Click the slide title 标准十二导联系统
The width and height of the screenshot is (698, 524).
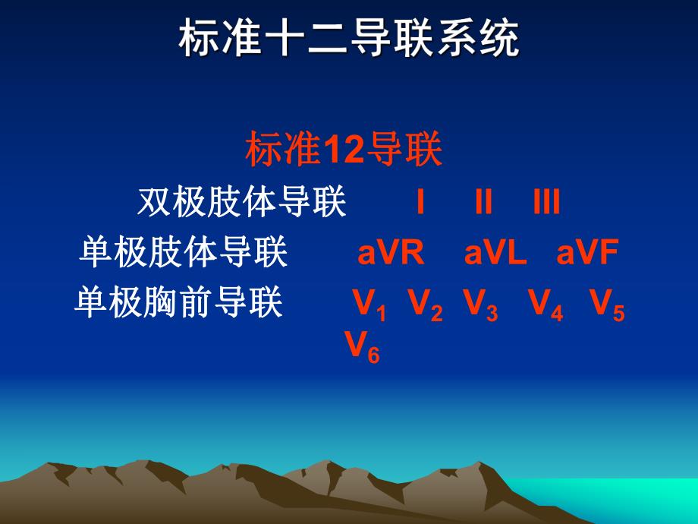click(x=349, y=39)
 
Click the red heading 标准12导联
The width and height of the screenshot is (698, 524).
click(x=344, y=150)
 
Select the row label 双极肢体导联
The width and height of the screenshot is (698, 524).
click(x=242, y=203)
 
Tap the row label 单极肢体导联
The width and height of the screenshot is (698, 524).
click(x=184, y=253)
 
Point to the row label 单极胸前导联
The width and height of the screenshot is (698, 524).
click(x=179, y=303)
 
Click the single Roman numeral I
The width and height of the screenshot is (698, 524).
click(x=420, y=203)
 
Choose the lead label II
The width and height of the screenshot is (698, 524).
click(x=483, y=203)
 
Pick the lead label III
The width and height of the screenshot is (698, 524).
click(x=546, y=203)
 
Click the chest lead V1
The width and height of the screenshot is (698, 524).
click(x=369, y=305)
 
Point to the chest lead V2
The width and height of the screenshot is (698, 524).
click(x=426, y=305)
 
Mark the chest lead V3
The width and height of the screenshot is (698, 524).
click(x=481, y=305)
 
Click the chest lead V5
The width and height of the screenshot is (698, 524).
click(x=608, y=305)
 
